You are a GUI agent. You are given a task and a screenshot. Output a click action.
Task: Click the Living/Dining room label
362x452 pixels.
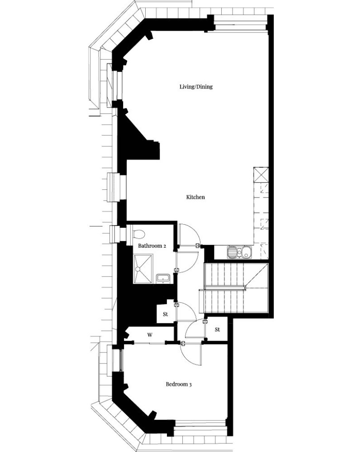(196, 86)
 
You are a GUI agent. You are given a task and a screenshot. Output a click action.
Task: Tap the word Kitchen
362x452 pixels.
(195, 197)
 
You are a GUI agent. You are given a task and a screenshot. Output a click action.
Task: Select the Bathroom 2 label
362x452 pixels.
(152, 246)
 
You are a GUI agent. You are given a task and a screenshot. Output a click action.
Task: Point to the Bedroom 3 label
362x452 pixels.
(179, 384)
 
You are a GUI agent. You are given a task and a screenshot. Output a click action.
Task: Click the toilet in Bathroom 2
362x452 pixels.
(138, 234)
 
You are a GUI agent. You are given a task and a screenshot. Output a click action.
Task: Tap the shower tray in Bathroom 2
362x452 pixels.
(143, 268)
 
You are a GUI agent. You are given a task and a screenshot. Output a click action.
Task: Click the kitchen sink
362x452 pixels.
(239, 252)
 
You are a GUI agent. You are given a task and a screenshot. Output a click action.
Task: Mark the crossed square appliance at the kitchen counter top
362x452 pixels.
(261, 174)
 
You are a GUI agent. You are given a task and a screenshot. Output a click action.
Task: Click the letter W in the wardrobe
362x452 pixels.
(150, 335)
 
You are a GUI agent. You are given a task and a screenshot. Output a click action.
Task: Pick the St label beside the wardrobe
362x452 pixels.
(166, 314)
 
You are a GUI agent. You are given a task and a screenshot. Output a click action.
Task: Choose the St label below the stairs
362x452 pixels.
(217, 330)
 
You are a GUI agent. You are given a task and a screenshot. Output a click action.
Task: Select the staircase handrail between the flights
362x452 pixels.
(225, 287)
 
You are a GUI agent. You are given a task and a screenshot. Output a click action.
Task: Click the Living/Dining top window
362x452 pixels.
(240, 23)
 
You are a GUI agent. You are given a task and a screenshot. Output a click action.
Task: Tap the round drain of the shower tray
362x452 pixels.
(138, 269)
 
